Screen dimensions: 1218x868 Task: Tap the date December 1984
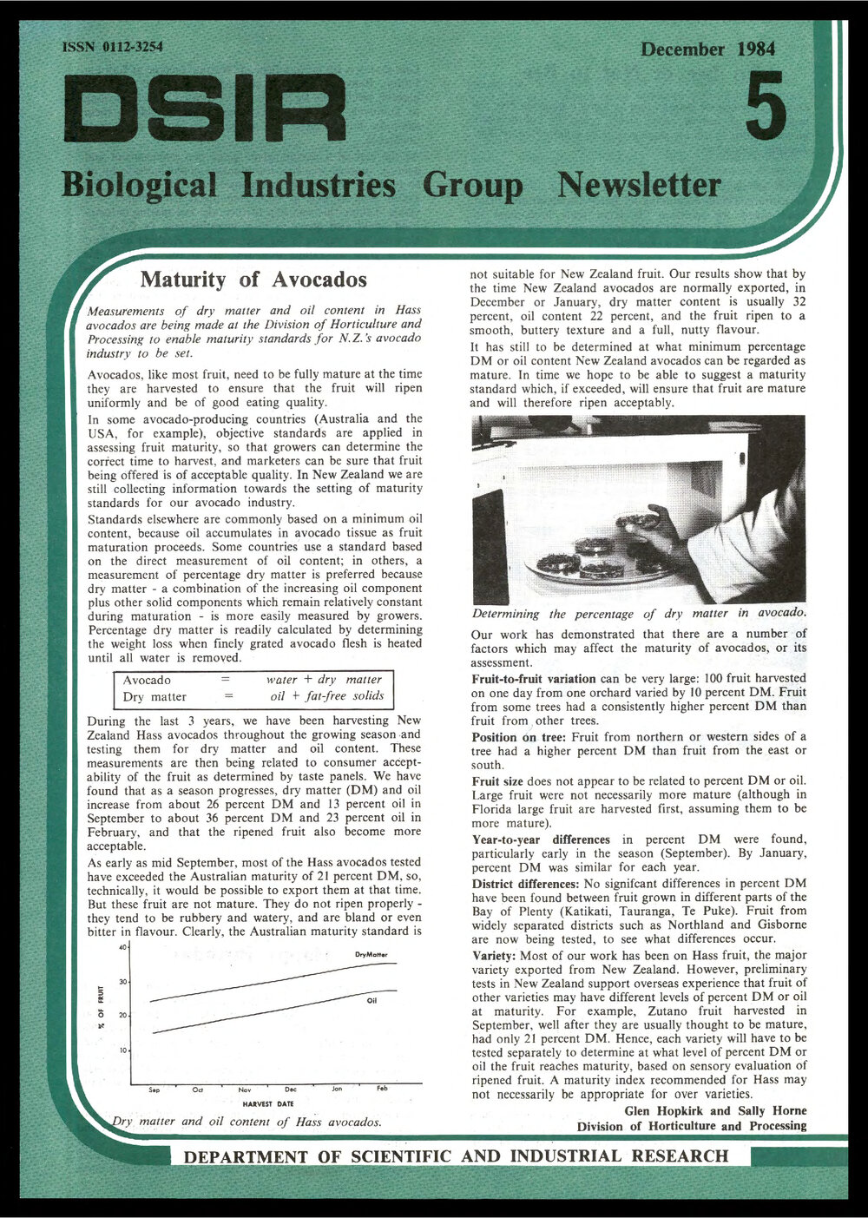(x=707, y=49)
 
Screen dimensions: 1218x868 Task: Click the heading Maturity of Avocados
(x=253, y=280)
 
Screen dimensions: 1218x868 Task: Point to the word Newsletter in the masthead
(x=638, y=185)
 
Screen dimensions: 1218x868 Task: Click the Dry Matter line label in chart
(x=371, y=954)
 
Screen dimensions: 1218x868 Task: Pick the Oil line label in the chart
(x=371, y=1000)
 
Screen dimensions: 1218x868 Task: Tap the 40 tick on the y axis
(x=123, y=947)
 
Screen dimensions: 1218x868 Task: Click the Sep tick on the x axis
(x=154, y=1089)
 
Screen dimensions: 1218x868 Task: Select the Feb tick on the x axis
(x=382, y=1089)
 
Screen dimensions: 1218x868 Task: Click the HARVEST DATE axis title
(x=267, y=1104)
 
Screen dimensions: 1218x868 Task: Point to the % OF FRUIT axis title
(x=101, y=1007)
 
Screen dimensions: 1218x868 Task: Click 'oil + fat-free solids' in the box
(x=326, y=696)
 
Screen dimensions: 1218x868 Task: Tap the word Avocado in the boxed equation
(x=147, y=680)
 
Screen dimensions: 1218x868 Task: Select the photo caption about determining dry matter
(x=639, y=613)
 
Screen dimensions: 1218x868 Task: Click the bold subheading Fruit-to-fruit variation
(x=534, y=678)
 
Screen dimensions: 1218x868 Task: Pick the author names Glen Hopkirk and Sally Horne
(x=714, y=1110)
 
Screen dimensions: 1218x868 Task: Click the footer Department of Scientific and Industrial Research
(x=456, y=1156)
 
